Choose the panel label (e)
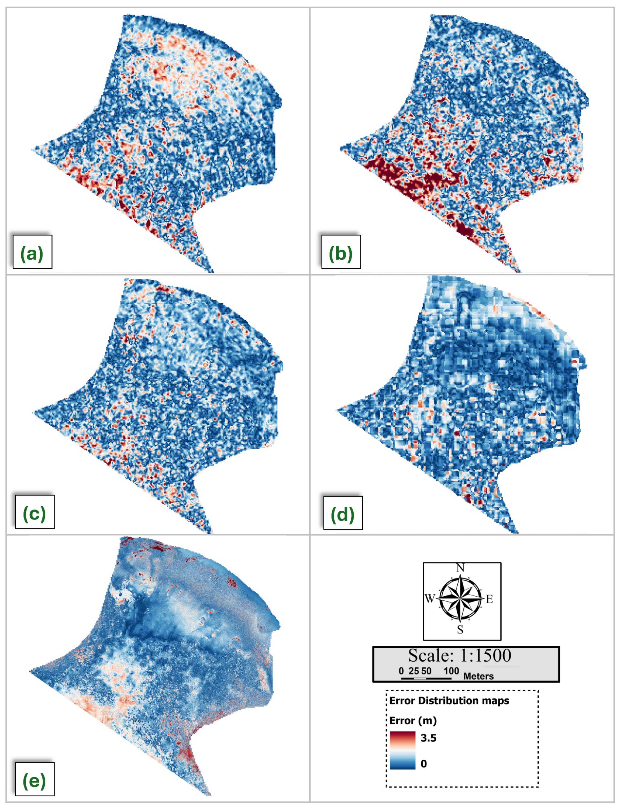(34, 781)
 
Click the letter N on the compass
(460, 568)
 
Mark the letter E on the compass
(489, 599)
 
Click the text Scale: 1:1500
(459, 655)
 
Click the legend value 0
(424, 764)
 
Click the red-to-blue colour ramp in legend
(403, 750)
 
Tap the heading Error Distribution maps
(449, 701)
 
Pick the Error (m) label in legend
(413, 721)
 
